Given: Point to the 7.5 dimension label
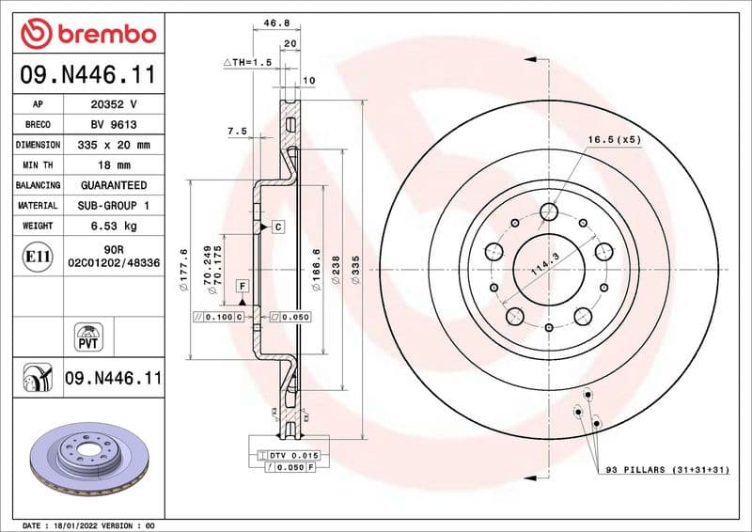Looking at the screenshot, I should [237, 133].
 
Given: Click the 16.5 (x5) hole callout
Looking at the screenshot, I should [614, 139].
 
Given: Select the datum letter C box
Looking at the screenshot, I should [278, 227].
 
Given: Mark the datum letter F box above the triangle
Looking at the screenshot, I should [242, 284].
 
